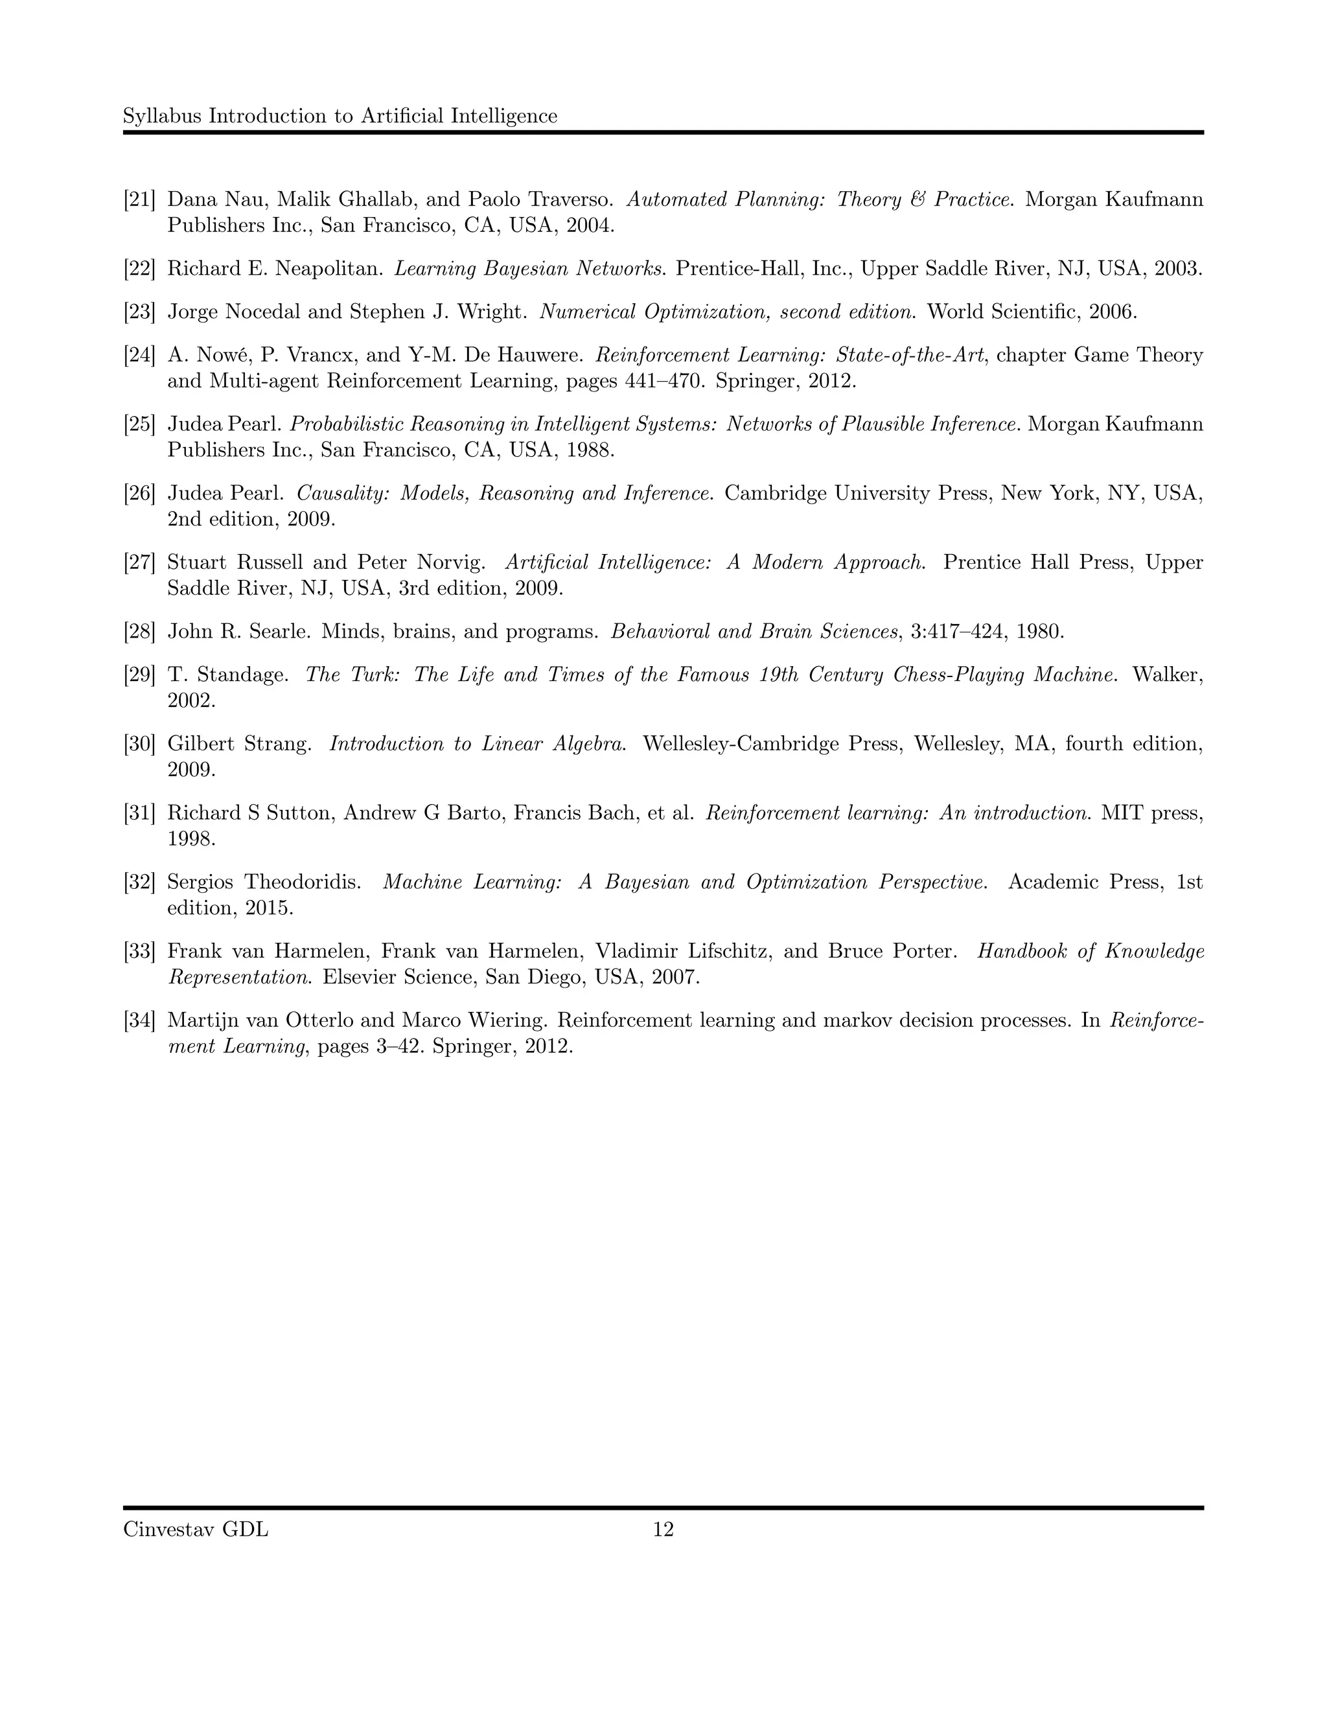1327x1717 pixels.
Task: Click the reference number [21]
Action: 139,200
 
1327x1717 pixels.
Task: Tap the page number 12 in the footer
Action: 663,1529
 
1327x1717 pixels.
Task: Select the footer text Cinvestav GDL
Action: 196,1529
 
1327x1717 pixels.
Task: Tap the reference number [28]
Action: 139,631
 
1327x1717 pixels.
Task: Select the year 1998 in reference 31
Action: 191,839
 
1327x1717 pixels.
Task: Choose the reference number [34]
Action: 139,1020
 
